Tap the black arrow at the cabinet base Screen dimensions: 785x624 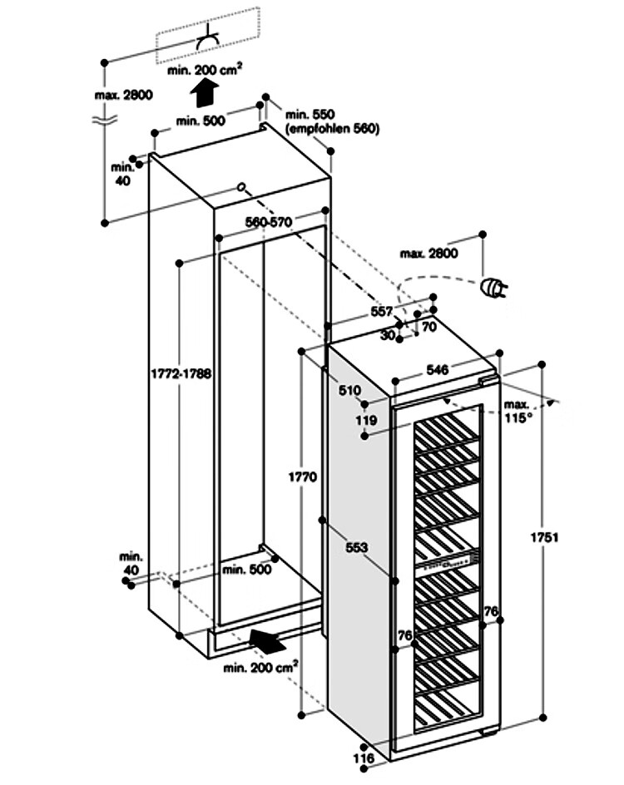(268, 639)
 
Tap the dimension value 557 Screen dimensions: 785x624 (382, 311)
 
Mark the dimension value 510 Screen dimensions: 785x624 (349, 390)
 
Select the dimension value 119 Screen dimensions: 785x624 (367, 420)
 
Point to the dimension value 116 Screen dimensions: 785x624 (364, 758)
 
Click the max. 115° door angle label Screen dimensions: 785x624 (517, 412)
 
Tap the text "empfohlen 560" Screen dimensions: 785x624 (332, 129)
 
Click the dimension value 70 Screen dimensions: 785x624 (429, 327)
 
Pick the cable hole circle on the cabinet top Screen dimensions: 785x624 (240, 187)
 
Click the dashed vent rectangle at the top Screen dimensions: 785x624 (208, 35)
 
